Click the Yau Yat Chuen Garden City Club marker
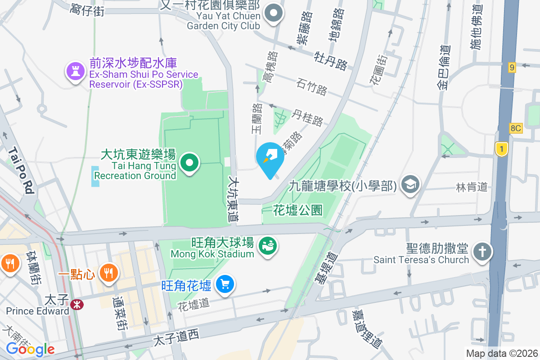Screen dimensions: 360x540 click(x=273, y=14)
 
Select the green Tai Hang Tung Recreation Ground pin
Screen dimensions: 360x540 click(x=189, y=162)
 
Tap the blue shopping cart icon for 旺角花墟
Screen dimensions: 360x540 click(x=224, y=284)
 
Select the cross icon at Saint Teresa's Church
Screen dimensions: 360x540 click(x=482, y=252)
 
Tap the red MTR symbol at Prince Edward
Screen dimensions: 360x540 click(x=78, y=305)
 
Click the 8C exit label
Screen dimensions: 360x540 click(x=516, y=128)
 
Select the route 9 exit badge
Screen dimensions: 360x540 click(x=512, y=67)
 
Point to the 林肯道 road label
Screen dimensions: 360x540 click(x=472, y=187)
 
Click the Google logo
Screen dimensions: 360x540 click(x=30, y=349)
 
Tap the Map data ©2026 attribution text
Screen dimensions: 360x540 click(x=502, y=353)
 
